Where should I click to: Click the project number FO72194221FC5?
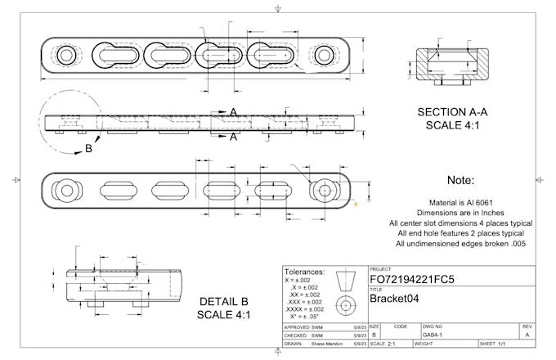click(411, 280)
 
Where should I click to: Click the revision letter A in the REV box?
click(527, 334)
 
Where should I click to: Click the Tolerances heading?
click(303, 272)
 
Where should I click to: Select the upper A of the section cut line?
click(233, 111)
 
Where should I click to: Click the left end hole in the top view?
click(66, 56)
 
